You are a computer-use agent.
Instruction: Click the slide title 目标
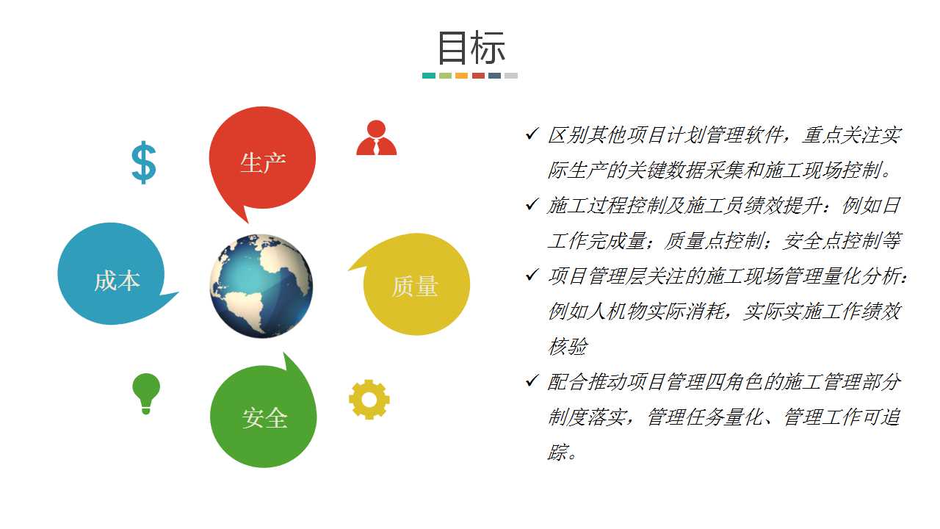click(471, 48)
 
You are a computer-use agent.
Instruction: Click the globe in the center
click(261, 286)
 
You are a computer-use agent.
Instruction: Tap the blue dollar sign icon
click(143, 162)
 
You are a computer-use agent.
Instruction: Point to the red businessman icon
click(377, 137)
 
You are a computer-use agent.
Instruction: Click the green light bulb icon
click(146, 393)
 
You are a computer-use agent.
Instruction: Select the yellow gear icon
click(369, 399)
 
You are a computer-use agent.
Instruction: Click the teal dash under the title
click(428, 76)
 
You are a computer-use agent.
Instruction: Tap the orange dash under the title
click(462, 76)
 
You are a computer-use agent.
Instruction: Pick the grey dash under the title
click(511, 76)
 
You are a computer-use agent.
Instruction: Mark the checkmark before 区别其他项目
click(532, 134)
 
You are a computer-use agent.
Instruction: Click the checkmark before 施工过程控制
click(532, 204)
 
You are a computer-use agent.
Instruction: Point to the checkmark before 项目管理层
click(532, 275)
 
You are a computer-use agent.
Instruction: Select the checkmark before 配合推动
click(532, 381)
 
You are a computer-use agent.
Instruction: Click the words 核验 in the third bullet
click(568, 346)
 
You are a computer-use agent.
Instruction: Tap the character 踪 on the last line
click(557, 452)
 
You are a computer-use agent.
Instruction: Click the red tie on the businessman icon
click(377, 147)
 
